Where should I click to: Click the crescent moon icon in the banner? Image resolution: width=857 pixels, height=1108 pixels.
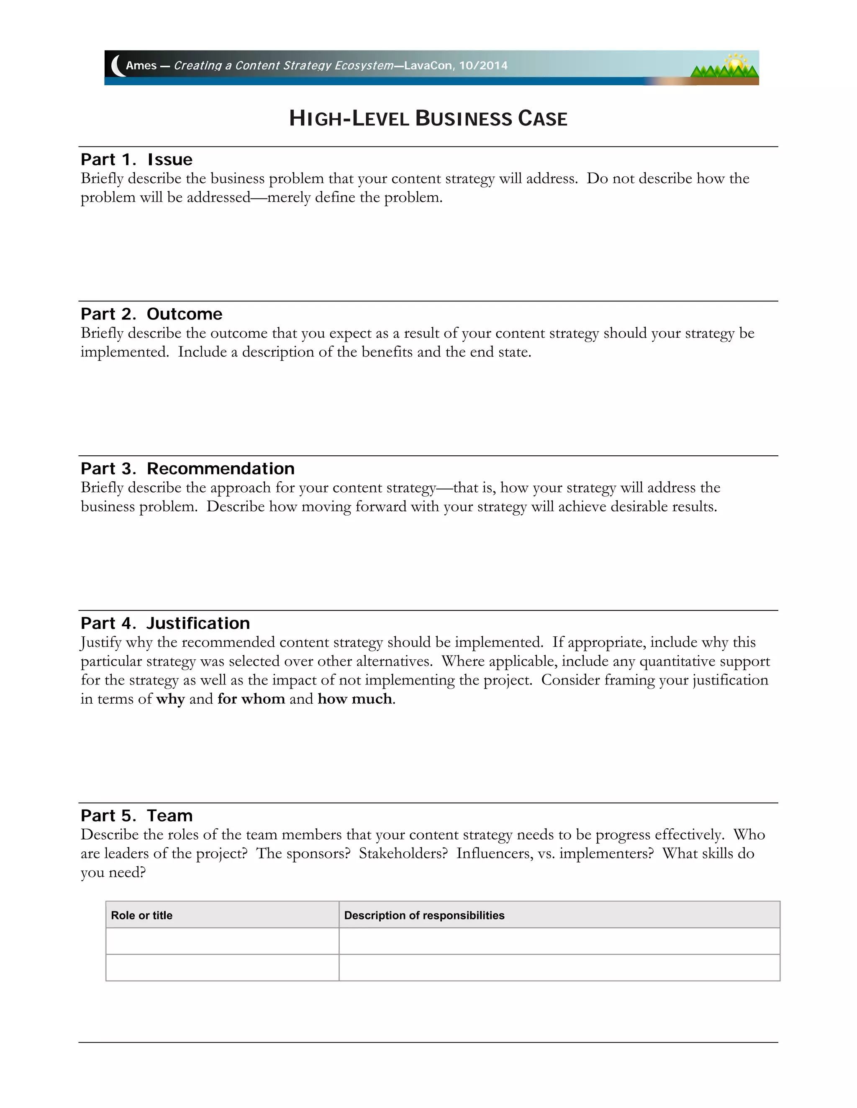(x=117, y=66)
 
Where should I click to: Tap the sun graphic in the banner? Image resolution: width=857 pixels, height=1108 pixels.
(x=734, y=64)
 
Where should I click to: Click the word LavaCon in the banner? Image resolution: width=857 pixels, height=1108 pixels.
(x=428, y=66)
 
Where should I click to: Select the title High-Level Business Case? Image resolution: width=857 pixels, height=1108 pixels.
(x=428, y=119)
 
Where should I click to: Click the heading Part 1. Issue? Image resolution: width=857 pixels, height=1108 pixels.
(x=136, y=159)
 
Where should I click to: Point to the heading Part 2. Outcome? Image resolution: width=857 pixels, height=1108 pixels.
(x=151, y=314)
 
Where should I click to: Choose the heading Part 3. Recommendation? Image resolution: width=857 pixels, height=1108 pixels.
(x=187, y=468)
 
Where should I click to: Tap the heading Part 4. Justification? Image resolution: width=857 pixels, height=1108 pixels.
(x=165, y=623)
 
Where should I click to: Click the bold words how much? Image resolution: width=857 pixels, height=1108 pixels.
(x=355, y=699)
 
